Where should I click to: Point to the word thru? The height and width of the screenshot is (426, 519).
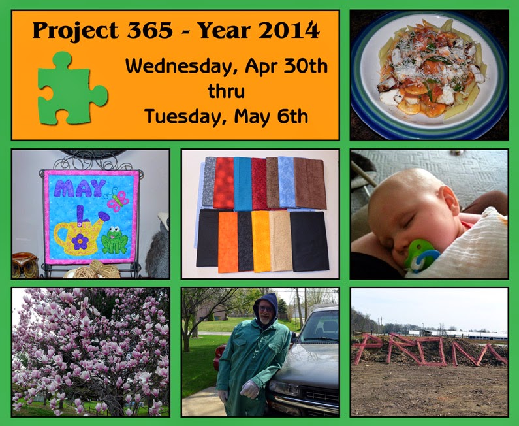(x=226, y=91)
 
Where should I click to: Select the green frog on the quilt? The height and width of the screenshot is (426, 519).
(x=114, y=240)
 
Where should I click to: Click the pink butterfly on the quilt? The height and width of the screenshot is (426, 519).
(x=116, y=199)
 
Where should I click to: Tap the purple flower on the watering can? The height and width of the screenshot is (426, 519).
(x=80, y=242)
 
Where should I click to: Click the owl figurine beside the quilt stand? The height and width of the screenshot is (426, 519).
(x=25, y=265)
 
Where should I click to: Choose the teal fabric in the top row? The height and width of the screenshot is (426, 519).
(x=243, y=184)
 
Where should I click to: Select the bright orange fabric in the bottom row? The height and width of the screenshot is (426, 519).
(x=228, y=242)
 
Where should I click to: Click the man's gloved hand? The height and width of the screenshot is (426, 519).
(x=250, y=389)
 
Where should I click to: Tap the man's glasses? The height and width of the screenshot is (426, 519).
(x=266, y=309)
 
